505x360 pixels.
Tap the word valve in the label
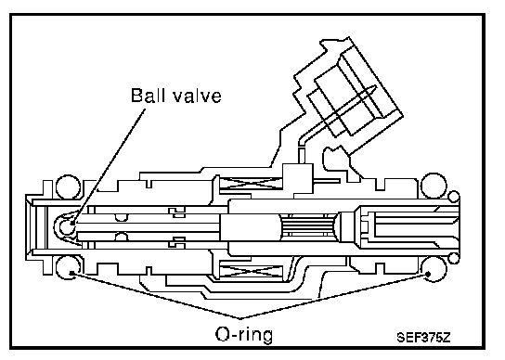pos(198,96)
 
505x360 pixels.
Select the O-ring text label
pos(244,335)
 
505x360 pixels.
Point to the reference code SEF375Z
pos(423,338)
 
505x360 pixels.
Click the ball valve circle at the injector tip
pos(67,226)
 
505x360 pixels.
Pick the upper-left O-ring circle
pos(68,187)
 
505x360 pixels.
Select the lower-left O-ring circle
pos(68,267)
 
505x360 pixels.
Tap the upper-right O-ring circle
pos(434,186)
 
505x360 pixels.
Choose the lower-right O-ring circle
pos(434,269)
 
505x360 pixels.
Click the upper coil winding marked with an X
pos(251,184)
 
